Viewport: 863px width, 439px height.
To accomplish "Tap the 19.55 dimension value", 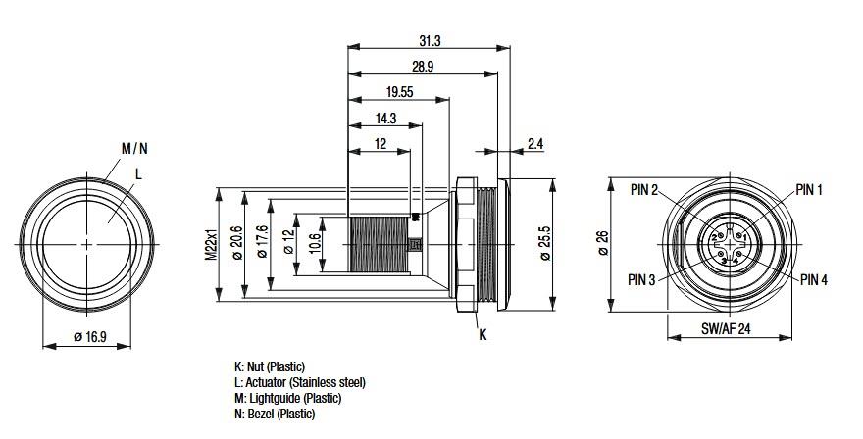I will (x=398, y=92).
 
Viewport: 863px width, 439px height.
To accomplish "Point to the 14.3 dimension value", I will (x=385, y=118).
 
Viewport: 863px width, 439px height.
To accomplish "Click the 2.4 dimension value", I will (x=535, y=144).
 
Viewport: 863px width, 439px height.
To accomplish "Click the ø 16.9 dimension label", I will (x=89, y=338).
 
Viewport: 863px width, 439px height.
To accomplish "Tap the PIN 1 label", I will (x=809, y=189).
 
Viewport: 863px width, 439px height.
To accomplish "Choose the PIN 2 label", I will (x=643, y=189).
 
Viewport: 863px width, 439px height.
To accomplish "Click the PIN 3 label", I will (x=643, y=279).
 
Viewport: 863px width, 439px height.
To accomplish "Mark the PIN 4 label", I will (x=814, y=279).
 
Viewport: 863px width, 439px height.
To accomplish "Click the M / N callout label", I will (x=134, y=149).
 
